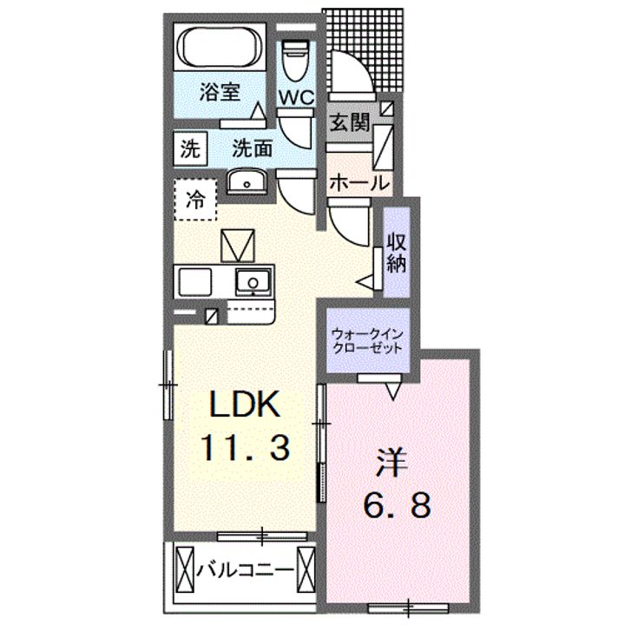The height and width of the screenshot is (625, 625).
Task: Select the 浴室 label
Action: (220, 92)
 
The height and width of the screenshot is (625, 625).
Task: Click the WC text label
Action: (296, 97)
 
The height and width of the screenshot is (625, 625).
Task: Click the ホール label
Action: (359, 183)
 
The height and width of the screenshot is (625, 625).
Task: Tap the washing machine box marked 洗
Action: (190, 148)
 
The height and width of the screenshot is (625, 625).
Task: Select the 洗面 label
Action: (253, 148)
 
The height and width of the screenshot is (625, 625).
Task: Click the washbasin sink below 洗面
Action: (247, 182)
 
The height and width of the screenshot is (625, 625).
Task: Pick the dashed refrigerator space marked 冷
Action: (195, 200)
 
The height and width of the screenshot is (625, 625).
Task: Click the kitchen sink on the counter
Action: (253, 281)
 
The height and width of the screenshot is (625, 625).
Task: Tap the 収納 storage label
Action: (397, 252)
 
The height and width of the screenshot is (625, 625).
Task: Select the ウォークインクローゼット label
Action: (367, 341)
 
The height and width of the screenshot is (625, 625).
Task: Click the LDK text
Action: (244, 405)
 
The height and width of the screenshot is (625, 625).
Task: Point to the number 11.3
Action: (246, 448)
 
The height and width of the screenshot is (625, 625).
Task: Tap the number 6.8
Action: (397, 504)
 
